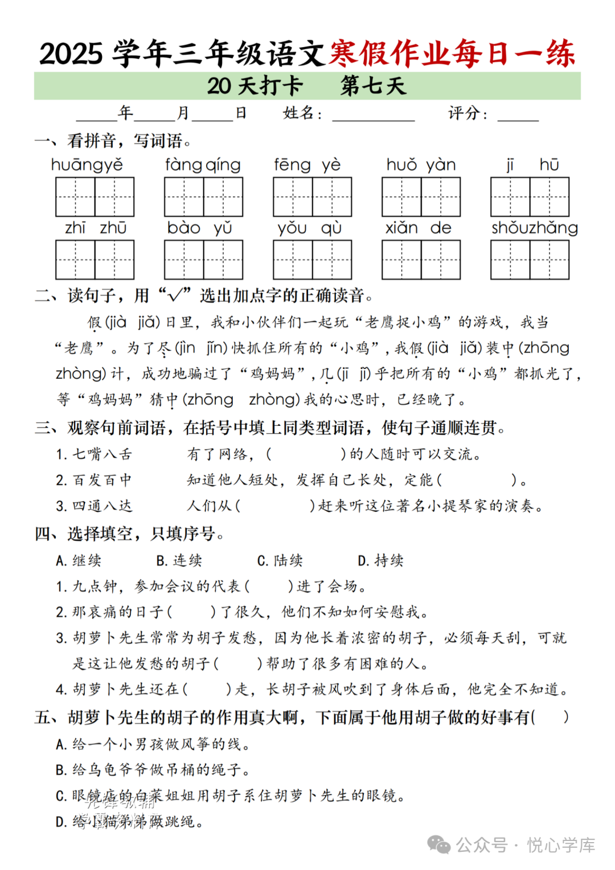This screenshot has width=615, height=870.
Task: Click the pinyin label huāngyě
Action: (87, 165)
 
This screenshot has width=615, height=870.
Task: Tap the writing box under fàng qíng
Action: (203, 197)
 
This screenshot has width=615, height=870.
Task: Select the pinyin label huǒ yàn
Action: (421, 165)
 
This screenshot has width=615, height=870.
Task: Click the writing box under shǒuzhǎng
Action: (530, 260)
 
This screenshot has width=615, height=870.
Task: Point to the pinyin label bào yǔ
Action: (199, 228)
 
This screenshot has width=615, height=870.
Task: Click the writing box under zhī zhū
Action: (95, 260)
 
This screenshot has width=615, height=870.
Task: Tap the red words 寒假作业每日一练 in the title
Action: (452, 54)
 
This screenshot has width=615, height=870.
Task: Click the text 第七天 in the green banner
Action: (373, 86)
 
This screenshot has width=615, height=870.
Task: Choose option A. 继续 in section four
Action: (79, 561)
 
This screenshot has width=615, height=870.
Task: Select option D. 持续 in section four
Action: (380, 561)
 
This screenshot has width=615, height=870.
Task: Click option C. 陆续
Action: (280, 561)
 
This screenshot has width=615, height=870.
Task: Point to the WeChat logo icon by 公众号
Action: (438, 845)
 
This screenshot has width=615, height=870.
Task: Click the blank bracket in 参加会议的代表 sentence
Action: (269, 586)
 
